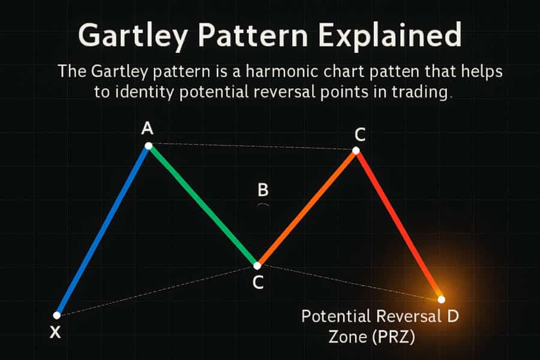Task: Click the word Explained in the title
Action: click(x=389, y=35)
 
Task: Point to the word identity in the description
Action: click(x=144, y=92)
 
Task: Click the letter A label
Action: click(x=148, y=128)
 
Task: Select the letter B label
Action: click(x=263, y=190)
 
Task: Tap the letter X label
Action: click(x=55, y=332)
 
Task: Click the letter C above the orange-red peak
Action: click(x=360, y=134)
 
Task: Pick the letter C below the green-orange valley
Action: click(x=258, y=282)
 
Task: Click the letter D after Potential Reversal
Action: click(x=453, y=316)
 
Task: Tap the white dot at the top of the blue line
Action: click(x=148, y=146)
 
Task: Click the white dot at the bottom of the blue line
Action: click(x=57, y=315)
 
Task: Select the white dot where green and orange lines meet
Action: click(x=257, y=266)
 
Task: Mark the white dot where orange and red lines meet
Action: click(x=356, y=151)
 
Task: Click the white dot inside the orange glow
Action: click(x=442, y=299)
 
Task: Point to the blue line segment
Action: click(x=103, y=231)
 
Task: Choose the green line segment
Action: click(x=203, y=206)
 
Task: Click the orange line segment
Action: click(x=307, y=208)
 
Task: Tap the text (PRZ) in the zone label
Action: click(x=394, y=337)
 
